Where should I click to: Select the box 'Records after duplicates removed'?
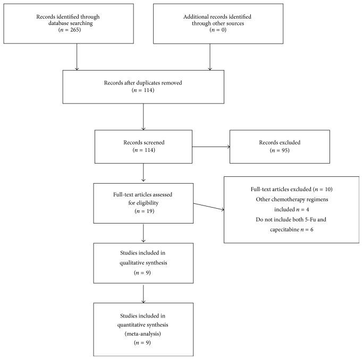pos(143,87)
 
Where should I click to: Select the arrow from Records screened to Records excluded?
pos(210,147)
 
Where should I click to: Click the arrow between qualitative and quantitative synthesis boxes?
pos(143,293)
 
